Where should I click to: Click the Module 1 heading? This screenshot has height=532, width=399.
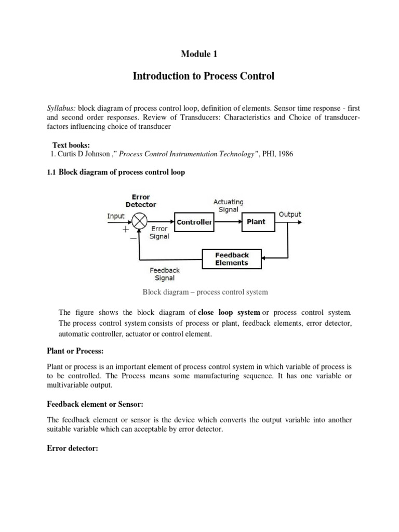[199, 54]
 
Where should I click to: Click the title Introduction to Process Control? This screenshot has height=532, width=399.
[203, 76]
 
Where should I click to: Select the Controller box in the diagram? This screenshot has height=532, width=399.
[194, 222]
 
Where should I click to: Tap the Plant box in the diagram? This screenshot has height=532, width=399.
[256, 222]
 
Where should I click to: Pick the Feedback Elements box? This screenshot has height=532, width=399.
[232, 259]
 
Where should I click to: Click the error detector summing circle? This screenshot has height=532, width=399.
[140, 222]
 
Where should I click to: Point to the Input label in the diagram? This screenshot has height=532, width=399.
[115, 216]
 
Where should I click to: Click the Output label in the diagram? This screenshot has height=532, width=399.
[289, 214]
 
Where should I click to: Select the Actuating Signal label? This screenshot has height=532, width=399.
[228, 206]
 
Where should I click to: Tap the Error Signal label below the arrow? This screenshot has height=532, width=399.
[159, 232]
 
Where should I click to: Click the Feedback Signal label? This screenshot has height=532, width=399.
[165, 274]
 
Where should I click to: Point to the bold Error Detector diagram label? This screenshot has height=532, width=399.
[141, 201]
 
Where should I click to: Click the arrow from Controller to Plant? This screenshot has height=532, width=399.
[227, 222]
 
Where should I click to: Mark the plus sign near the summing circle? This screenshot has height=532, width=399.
[125, 228]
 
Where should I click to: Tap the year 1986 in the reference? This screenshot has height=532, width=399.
[285, 154]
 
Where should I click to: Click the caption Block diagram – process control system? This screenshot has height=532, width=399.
[205, 292]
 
